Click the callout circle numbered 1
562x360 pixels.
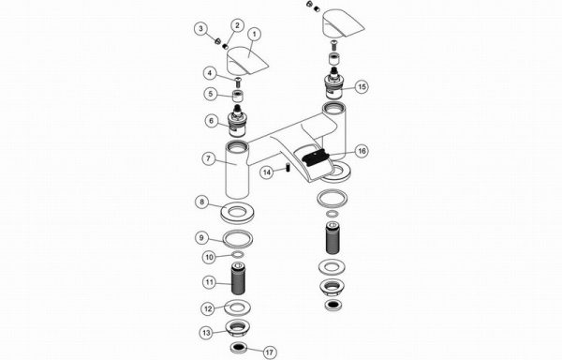(255, 35)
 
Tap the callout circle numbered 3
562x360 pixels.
(201, 28)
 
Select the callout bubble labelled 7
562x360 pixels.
(209, 158)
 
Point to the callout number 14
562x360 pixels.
(267, 172)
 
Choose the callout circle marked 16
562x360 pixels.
(362, 151)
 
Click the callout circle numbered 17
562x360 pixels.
(270, 352)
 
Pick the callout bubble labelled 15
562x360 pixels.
(362, 87)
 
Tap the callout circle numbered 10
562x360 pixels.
(209, 257)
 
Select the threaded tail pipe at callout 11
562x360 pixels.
(238, 278)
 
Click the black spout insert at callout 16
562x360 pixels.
(316, 157)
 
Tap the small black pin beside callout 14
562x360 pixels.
(288, 168)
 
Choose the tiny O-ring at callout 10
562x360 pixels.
(238, 255)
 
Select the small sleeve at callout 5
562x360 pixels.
(238, 97)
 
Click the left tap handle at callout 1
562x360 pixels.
(247, 60)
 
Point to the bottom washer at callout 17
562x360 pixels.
(238, 347)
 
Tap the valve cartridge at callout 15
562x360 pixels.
(334, 82)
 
